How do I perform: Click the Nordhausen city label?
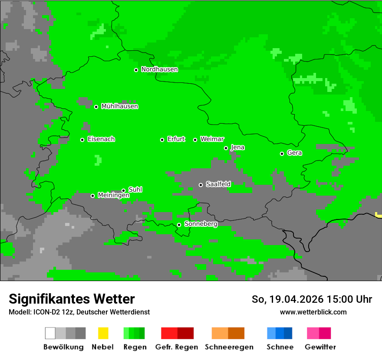click(x=159, y=69)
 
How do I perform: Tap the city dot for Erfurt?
click(x=162, y=140)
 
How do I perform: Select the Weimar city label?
click(x=212, y=139)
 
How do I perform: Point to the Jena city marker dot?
click(x=226, y=148)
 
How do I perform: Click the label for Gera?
click(x=294, y=153)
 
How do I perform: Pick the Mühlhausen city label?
click(x=119, y=106)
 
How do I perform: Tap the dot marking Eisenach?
click(x=82, y=140)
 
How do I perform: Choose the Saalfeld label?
click(x=218, y=184)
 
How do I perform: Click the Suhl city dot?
click(x=123, y=190)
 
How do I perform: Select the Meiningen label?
click(x=113, y=196)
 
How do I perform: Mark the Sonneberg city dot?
click(x=179, y=225)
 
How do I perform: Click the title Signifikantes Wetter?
click(x=72, y=299)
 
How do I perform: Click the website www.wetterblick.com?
click(x=313, y=312)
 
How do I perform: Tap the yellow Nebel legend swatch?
click(x=103, y=333)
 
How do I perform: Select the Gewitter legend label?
click(x=320, y=347)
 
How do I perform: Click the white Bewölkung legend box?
click(x=50, y=333)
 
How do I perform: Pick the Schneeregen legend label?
click(x=229, y=347)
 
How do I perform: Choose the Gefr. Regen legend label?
click(x=177, y=347)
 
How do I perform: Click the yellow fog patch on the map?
click(x=379, y=215)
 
